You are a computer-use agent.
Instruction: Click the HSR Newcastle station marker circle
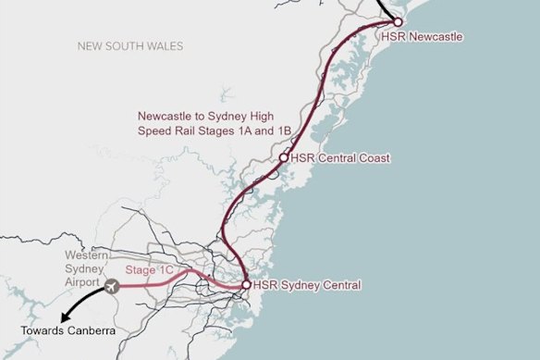(x=397, y=21)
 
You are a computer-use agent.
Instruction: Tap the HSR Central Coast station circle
(x=284, y=158)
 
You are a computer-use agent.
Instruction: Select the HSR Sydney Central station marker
(x=245, y=285)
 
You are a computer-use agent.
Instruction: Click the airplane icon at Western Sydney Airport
(x=113, y=285)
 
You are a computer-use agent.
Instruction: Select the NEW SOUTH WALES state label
(x=130, y=45)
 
